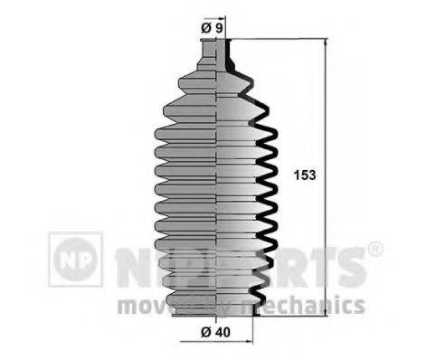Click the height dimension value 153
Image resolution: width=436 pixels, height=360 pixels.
click(304, 175)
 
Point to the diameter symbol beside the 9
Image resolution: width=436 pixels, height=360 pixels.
click(206, 28)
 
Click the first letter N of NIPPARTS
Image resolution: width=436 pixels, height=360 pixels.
click(131, 263)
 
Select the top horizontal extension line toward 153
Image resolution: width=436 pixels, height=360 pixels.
click(280, 39)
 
